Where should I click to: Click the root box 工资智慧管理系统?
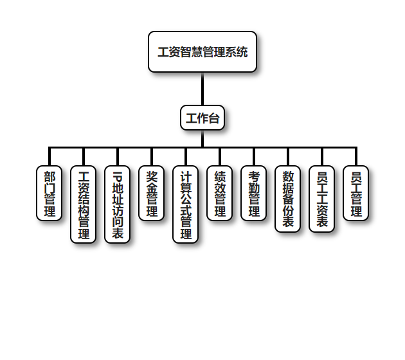tap(203, 52)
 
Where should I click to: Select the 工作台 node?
tap(203, 118)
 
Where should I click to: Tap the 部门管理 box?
tap(50, 194)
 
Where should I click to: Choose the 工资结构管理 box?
tap(84, 204)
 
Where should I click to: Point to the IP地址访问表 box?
tap(118, 204)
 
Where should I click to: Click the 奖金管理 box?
tap(152, 194)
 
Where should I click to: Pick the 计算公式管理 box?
tap(186, 204)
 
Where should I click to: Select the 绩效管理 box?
tap(220, 194)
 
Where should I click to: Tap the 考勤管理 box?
tap(254, 194)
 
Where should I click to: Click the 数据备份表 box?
tap(288, 199)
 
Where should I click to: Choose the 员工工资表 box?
tap(322, 199)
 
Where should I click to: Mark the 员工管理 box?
tap(356, 194)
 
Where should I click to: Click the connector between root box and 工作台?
tap(203, 89)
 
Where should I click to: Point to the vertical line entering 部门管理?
tap(50, 157)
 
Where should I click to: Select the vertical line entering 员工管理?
tap(356, 157)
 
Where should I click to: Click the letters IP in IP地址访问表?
tap(118, 175)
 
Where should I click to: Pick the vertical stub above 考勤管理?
tap(254, 157)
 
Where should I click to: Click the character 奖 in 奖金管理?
tap(152, 176)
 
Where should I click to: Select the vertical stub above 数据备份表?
tap(288, 157)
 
